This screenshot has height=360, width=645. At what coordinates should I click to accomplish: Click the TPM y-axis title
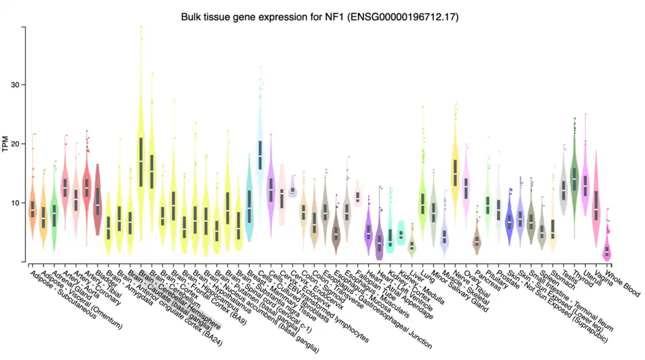pyautogui.click(x=6, y=144)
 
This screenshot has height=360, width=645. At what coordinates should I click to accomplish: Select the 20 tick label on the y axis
pyautogui.click(x=14, y=144)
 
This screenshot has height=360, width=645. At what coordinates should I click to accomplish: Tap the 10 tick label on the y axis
pyautogui.click(x=14, y=203)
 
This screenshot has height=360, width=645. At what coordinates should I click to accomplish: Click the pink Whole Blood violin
pyautogui.click(x=607, y=250)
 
